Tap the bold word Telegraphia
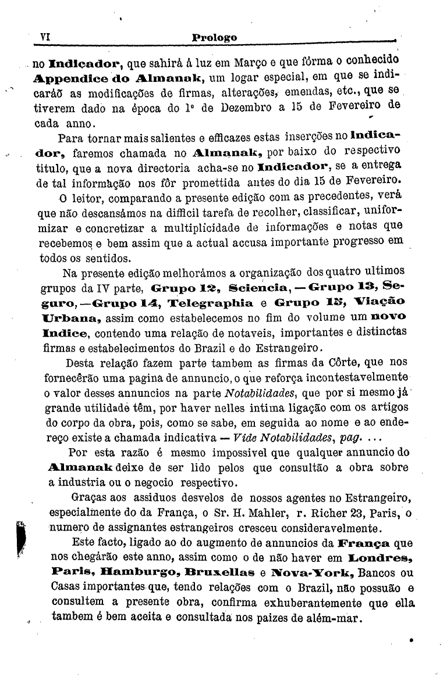pyautogui.click(x=210, y=303)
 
